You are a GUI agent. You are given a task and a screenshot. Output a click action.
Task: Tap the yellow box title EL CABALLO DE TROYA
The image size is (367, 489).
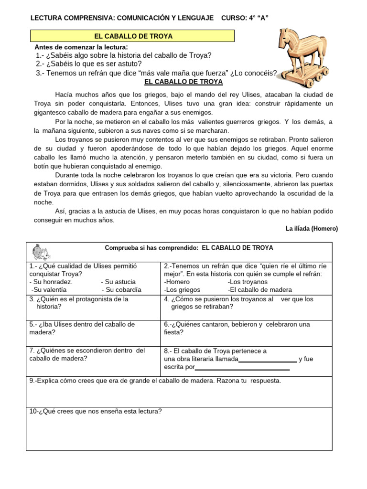point(133,36)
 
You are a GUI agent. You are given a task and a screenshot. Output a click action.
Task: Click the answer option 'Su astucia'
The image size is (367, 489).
point(120,282)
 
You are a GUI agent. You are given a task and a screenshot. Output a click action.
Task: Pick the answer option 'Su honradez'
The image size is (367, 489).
point(51,282)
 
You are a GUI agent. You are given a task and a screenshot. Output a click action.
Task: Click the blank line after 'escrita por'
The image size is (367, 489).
point(242,368)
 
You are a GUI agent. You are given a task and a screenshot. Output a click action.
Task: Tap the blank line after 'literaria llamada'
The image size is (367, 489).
point(267,361)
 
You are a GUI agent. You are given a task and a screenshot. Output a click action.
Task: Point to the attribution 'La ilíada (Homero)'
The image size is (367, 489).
point(312,229)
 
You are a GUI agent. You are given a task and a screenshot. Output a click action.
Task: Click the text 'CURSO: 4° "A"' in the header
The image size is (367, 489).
point(245,18)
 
